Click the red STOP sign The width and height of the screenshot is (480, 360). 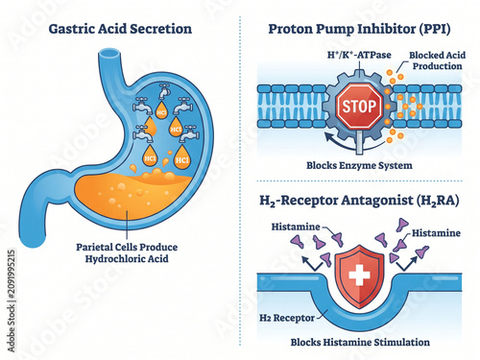[359, 107]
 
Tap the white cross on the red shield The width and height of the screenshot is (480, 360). [359, 275]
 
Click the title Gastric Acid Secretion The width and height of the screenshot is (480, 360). [120, 29]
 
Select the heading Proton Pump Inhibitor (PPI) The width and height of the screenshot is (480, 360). [359, 30]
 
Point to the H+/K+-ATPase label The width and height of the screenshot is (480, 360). [359, 55]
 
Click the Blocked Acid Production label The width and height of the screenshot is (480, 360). [437, 60]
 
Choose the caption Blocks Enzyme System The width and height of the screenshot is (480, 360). [359, 165]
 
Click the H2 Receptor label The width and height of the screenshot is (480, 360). [287, 318]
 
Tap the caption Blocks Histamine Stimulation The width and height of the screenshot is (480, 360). [360, 342]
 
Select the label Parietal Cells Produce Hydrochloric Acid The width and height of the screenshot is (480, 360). [127, 252]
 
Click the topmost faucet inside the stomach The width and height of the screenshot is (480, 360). [164, 90]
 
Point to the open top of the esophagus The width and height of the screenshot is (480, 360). [109, 54]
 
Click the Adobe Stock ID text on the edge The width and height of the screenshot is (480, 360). [12, 300]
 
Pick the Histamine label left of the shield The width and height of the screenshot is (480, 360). [296, 227]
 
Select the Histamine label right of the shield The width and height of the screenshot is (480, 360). [436, 233]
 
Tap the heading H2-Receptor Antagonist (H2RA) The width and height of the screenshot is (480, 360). [359, 201]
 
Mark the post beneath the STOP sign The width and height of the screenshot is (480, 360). [359, 141]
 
